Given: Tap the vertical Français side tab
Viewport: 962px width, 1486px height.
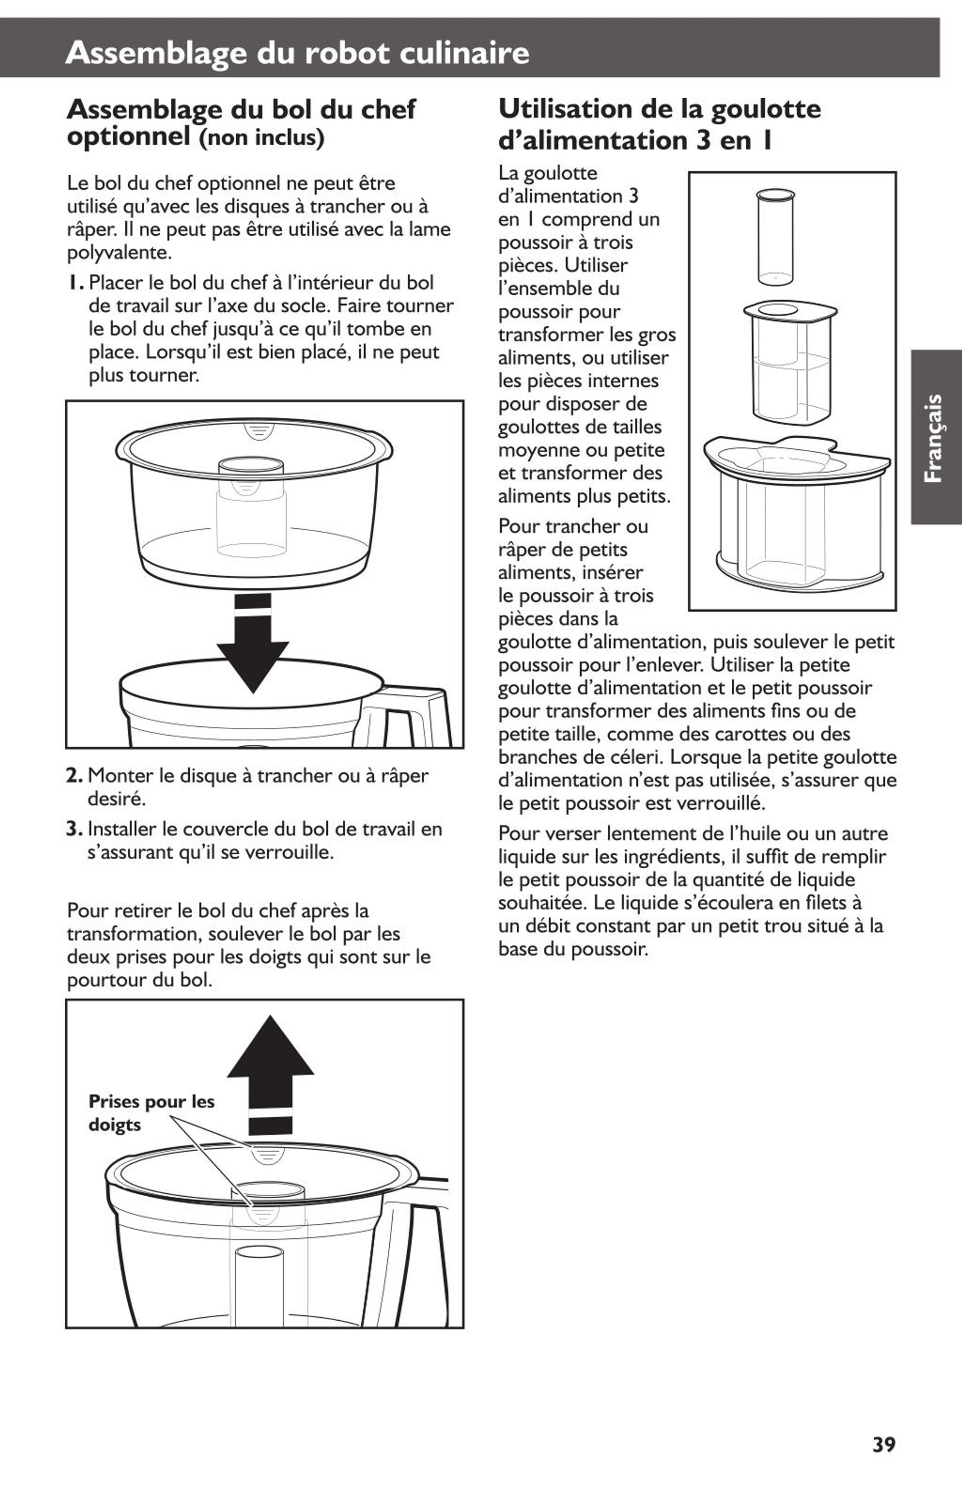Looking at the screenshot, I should [x=935, y=437].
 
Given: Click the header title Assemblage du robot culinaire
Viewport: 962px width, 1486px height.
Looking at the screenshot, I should [x=297, y=53].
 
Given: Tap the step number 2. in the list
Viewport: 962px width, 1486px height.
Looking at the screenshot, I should [x=75, y=776].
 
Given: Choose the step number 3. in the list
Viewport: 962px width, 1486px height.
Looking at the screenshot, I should [x=75, y=829].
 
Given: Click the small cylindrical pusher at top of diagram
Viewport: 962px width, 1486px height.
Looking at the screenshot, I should [x=775, y=237].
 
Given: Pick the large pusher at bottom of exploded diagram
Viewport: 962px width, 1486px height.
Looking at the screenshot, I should [x=796, y=512].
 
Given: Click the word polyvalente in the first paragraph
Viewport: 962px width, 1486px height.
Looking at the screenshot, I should [x=119, y=253].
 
